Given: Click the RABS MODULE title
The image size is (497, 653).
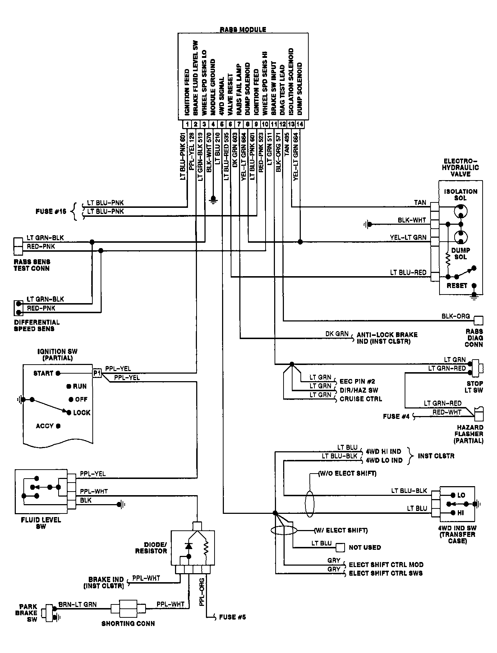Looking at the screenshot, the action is [243, 29].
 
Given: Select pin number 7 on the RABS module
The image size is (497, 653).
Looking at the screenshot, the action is [239, 124].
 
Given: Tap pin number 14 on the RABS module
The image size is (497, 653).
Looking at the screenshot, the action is [299, 124].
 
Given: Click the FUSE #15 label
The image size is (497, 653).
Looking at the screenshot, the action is [51, 211].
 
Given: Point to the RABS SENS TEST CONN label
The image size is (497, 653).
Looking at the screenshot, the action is [32, 265].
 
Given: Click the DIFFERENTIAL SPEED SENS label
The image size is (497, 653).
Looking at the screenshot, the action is [37, 325].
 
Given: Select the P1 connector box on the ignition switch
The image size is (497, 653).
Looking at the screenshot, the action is [97, 373].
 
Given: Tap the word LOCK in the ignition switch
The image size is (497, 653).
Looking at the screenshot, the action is [82, 412].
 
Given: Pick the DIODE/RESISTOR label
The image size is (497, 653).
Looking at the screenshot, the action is [151, 548].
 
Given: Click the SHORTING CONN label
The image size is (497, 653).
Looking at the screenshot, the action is [128, 624].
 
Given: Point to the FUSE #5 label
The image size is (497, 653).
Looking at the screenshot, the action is [233, 617].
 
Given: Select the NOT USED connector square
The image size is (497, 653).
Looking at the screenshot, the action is [340, 547].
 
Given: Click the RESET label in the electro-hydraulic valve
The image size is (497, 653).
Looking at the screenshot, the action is [457, 286].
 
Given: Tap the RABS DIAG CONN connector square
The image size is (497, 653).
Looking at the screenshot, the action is [479, 320].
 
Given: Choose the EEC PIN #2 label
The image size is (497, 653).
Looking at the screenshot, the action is [357, 381].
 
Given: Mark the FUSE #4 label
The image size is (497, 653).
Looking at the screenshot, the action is [396, 416].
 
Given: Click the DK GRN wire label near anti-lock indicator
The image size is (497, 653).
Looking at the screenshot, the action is [337, 334].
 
